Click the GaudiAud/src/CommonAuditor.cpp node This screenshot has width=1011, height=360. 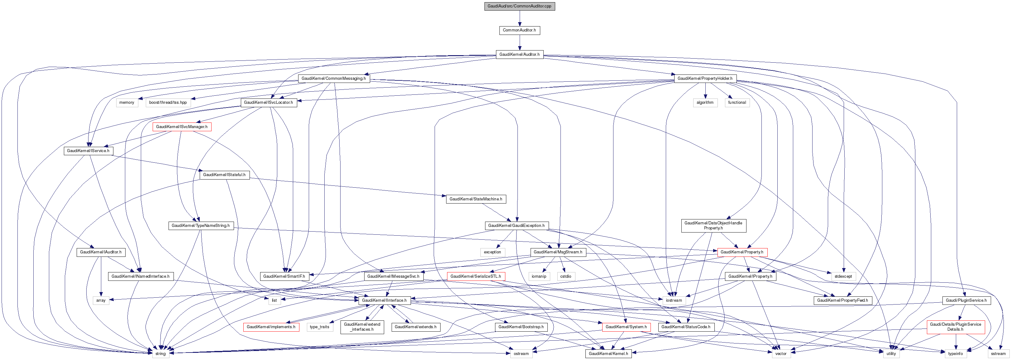point(519,6)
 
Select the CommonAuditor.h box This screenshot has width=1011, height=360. point(519,30)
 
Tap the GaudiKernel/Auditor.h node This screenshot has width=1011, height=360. point(519,55)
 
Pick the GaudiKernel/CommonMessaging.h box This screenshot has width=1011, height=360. point(333,79)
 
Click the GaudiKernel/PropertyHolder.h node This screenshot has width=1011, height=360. point(704,79)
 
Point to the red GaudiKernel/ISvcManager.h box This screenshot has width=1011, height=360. point(182,127)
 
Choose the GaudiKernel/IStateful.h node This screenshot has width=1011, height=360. point(224,175)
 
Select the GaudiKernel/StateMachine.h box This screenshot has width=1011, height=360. point(475,199)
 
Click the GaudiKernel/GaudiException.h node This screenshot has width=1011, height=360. point(516,226)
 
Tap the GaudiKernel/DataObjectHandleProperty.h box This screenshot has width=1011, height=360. point(713,226)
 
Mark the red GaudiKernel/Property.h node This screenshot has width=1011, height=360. point(742,252)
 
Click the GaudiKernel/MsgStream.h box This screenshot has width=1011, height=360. point(558,252)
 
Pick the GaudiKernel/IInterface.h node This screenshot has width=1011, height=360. point(384,300)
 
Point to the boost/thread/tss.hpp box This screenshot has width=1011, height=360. point(168,103)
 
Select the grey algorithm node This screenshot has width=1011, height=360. point(705,103)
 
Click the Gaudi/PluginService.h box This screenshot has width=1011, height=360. point(966,300)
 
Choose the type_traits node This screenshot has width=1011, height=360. point(319,327)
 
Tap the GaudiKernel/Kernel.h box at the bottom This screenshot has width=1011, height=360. point(608,354)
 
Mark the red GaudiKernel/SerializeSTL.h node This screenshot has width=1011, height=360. point(475,276)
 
